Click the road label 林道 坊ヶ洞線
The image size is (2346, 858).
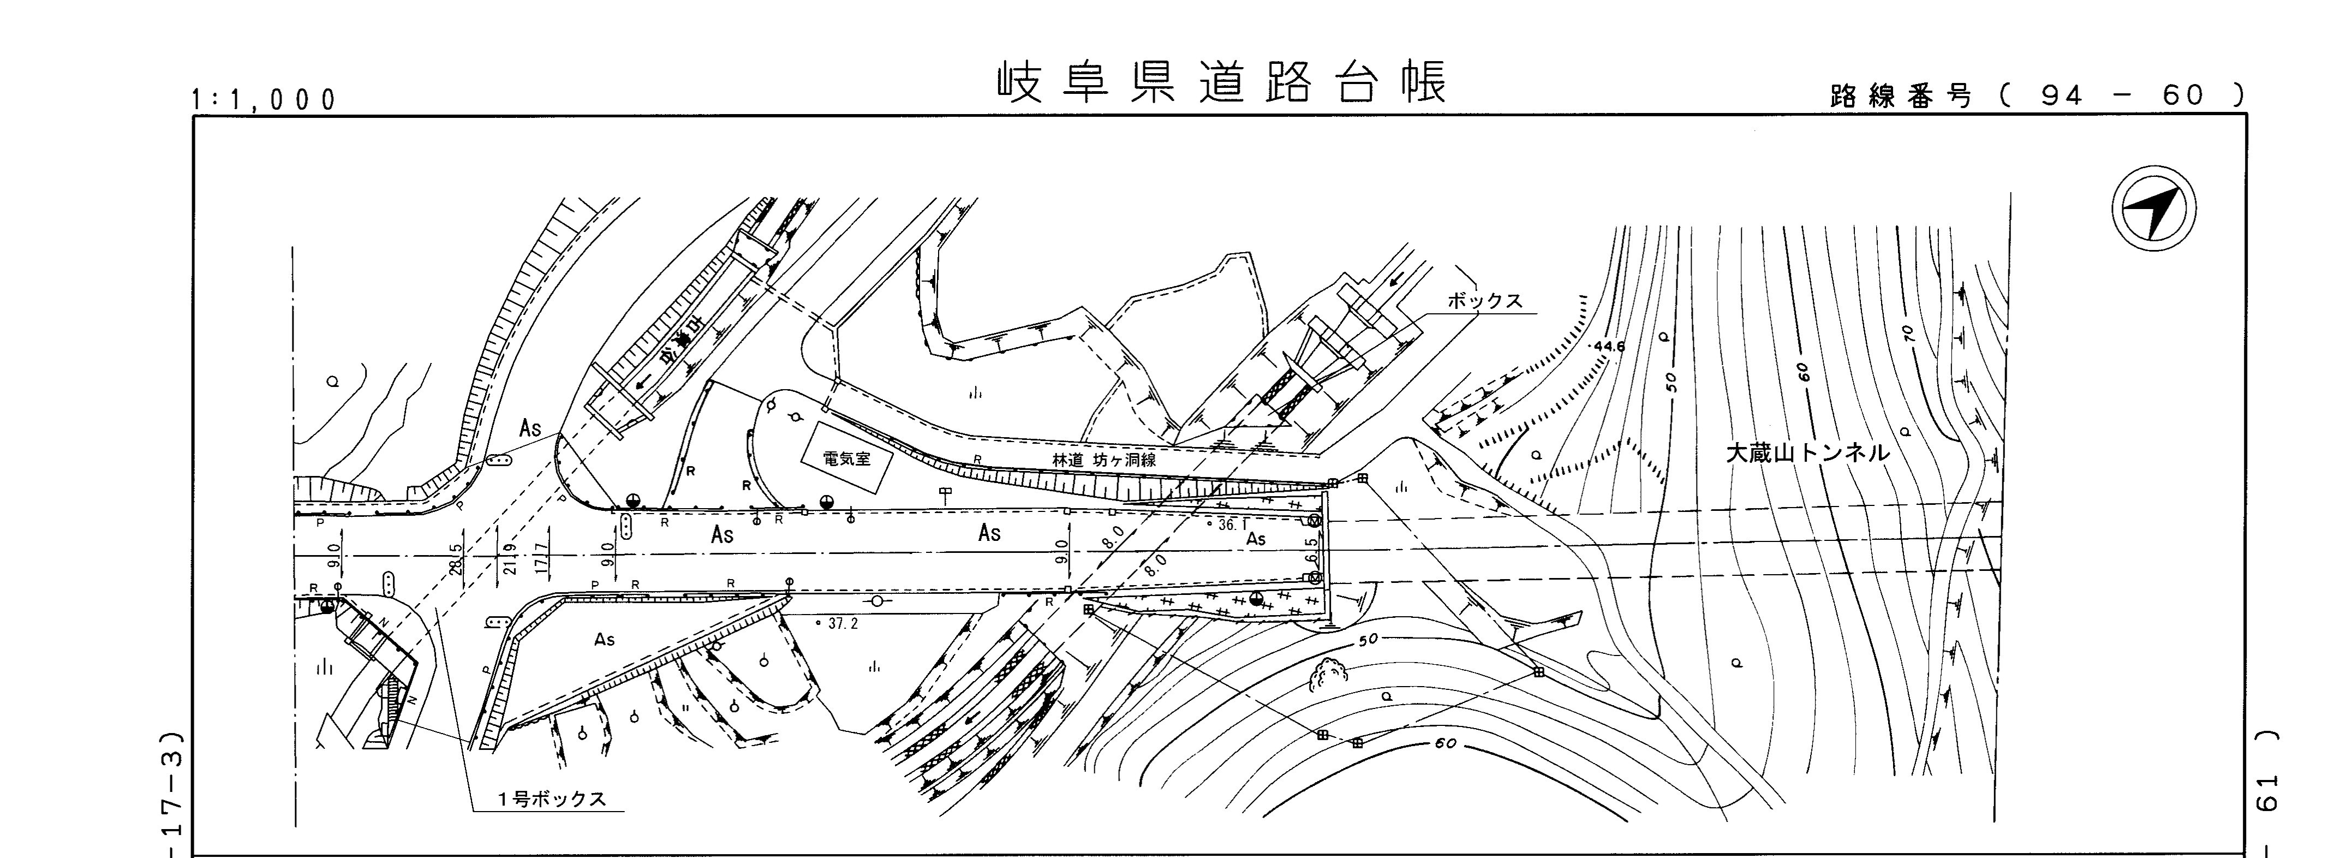1104,461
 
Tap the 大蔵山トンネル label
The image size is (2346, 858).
1808,452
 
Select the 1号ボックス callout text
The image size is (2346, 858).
551,799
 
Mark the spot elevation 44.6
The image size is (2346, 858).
1609,347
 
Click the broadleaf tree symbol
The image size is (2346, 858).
1329,676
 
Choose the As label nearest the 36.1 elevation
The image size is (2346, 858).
1255,539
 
